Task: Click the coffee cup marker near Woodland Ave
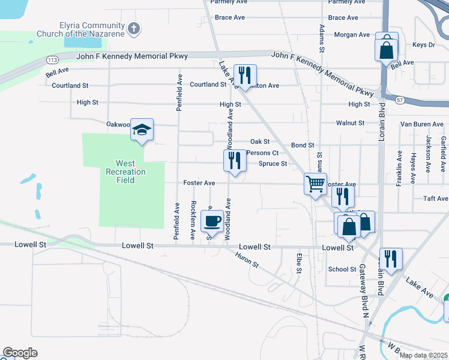point(212,221)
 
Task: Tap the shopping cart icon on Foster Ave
point(315,184)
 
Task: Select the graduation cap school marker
point(142,129)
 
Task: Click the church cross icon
point(133,28)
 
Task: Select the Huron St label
point(247,260)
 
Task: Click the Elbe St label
point(298,262)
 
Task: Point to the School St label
point(342,269)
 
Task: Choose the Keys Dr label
point(423,45)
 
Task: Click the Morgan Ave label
point(352,35)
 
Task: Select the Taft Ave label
point(436,199)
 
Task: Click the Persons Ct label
point(262,152)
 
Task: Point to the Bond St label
point(303,145)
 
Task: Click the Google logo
point(20,352)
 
